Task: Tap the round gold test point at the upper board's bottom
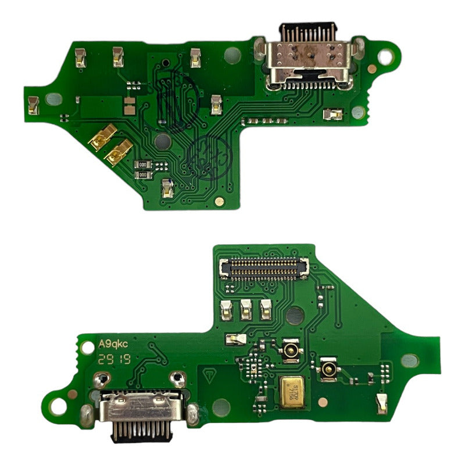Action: [219, 201]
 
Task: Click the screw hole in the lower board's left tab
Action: [57, 406]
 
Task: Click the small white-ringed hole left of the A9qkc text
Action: [87, 348]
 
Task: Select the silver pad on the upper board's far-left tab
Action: [34, 105]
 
